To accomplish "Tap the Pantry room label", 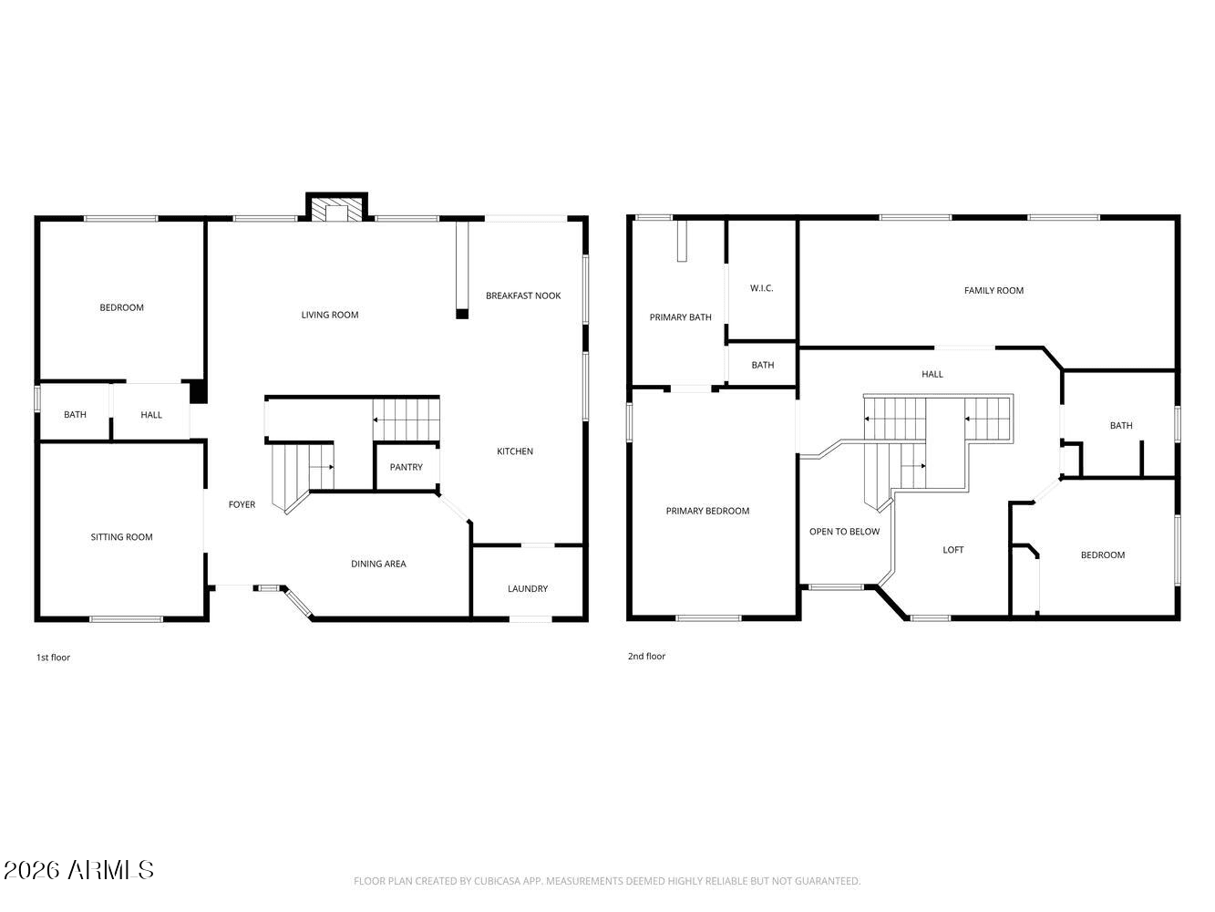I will [406, 467].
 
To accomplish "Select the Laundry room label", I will [528, 589].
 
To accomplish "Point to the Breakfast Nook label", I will [523, 295].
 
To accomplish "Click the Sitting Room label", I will [121, 537].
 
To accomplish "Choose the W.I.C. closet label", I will [762, 288].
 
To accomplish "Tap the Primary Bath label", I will [680, 317].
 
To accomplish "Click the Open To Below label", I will [844, 532].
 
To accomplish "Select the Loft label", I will [952, 550].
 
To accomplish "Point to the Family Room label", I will [994, 291].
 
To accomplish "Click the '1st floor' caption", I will [53, 658].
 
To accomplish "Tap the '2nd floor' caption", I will [646, 657].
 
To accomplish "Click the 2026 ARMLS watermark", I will [78, 870].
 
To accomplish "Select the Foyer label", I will [242, 504].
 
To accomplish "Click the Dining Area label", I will [378, 564].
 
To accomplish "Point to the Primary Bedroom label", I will [707, 511].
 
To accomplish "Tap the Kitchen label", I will [515, 451].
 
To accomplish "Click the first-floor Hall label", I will [151, 415].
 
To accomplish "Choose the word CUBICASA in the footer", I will [497, 881].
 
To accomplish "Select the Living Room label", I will [330, 315].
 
